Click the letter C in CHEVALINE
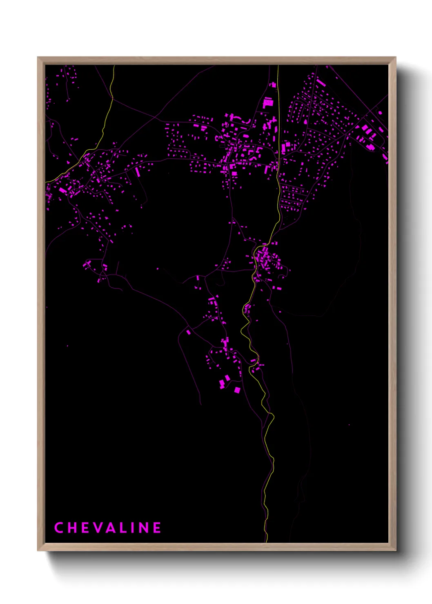(58, 528)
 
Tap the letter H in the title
(72, 528)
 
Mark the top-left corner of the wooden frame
(38, 57)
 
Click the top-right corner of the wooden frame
(396, 57)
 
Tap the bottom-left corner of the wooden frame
(38, 551)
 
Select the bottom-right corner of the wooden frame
(396, 551)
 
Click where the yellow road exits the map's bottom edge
(266, 542)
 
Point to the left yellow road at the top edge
(114, 66)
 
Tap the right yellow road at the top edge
(278, 66)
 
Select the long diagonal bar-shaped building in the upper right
(321, 83)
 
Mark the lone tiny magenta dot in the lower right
(349, 425)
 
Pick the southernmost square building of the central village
(237, 391)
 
